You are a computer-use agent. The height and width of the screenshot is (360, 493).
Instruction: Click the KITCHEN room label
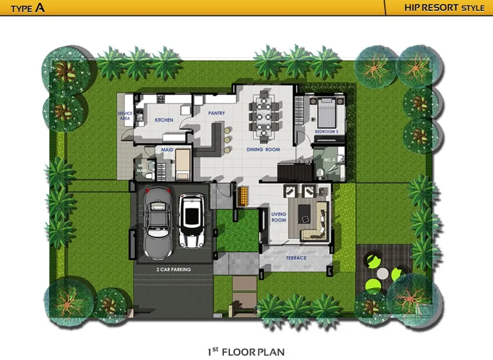click(164, 120)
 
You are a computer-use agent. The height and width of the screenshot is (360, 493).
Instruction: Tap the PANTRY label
click(216, 113)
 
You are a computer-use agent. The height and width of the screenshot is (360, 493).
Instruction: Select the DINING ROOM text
click(263, 149)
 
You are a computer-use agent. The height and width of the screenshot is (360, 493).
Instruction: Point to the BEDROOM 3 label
click(327, 131)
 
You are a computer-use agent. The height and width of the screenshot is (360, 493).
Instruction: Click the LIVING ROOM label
click(279, 217)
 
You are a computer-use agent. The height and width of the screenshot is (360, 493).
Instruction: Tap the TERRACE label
click(296, 258)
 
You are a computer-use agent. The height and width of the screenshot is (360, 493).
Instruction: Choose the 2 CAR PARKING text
click(174, 269)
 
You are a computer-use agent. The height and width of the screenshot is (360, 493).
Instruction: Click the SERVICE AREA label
click(125, 116)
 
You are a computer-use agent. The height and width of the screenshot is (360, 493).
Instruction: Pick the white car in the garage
click(191, 220)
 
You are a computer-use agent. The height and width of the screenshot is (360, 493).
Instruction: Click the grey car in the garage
click(158, 223)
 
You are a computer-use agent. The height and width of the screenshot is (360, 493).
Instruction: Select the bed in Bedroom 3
click(327, 113)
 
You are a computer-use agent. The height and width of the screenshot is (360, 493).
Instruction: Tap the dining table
click(263, 117)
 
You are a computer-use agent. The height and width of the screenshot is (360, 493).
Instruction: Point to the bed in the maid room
click(183, 164)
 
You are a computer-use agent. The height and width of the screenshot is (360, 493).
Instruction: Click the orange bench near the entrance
click(243, 196)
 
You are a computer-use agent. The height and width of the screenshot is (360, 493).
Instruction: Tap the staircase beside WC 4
click(295, 173)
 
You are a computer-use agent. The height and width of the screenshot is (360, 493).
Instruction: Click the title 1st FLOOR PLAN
click(246, 352)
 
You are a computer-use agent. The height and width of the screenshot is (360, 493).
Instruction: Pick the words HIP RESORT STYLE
click(444, 7)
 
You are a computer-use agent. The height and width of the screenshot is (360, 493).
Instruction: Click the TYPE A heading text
click(28, 7)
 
